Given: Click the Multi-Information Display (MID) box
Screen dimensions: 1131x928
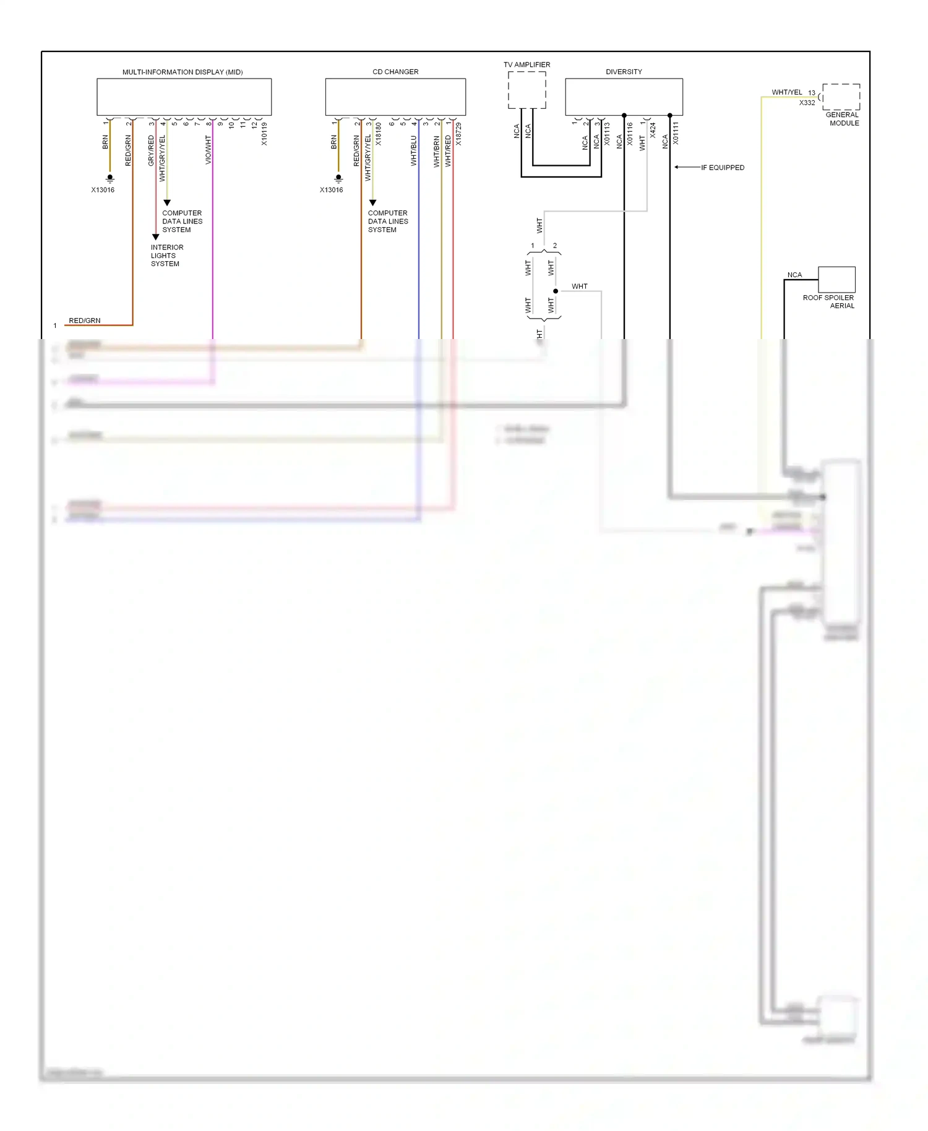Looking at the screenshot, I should click(x=184, y=97).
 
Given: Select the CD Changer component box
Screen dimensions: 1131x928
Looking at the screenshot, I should click(x=395, y=97).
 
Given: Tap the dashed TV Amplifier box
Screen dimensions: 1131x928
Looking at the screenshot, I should click(x=526, y=90).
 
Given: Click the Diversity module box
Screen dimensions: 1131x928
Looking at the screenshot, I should click(x=624, y=97).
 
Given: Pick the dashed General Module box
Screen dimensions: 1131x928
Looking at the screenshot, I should click(x=841, y=97).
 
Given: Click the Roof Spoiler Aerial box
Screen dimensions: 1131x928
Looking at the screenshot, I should click(x=836, y=280).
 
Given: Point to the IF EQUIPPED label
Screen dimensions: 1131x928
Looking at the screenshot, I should click(x=722, y=168).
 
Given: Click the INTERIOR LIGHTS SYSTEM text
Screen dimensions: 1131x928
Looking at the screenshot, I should click(x=166, y=256).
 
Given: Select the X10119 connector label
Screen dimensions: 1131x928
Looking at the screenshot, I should click(x=264, y=134).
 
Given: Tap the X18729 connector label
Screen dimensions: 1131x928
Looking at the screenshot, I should click(x=458, y=134).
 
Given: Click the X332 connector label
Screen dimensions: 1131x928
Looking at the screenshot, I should click(x=807, y=103).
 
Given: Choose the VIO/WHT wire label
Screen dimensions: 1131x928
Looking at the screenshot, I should click(x=208, y=150).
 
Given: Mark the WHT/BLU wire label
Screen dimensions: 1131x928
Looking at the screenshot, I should click(x=414, y=151).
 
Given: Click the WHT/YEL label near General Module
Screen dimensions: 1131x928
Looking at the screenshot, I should click(x=786, y=92).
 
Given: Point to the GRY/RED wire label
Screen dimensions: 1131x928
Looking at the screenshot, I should click(x=151, y=150).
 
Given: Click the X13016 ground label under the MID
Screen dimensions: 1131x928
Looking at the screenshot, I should click(x=103, y=190).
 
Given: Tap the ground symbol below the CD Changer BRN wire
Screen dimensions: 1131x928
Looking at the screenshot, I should click(x=338, y=178).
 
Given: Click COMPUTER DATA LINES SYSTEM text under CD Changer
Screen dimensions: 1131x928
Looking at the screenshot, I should click(x=388, y=221).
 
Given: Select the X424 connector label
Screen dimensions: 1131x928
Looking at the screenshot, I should click(x=653, y=130).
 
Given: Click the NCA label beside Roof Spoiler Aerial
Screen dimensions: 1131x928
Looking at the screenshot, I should click(x=794, y=275).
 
